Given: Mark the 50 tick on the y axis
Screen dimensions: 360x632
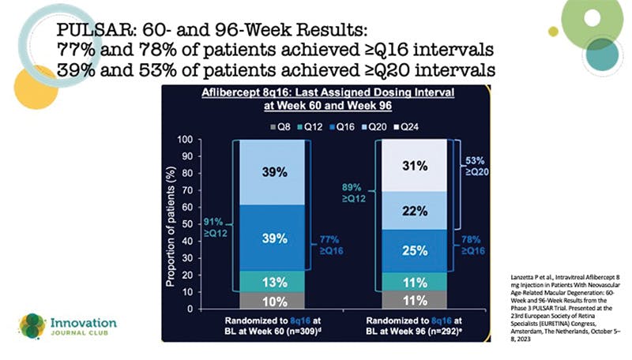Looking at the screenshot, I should (207, 224).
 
